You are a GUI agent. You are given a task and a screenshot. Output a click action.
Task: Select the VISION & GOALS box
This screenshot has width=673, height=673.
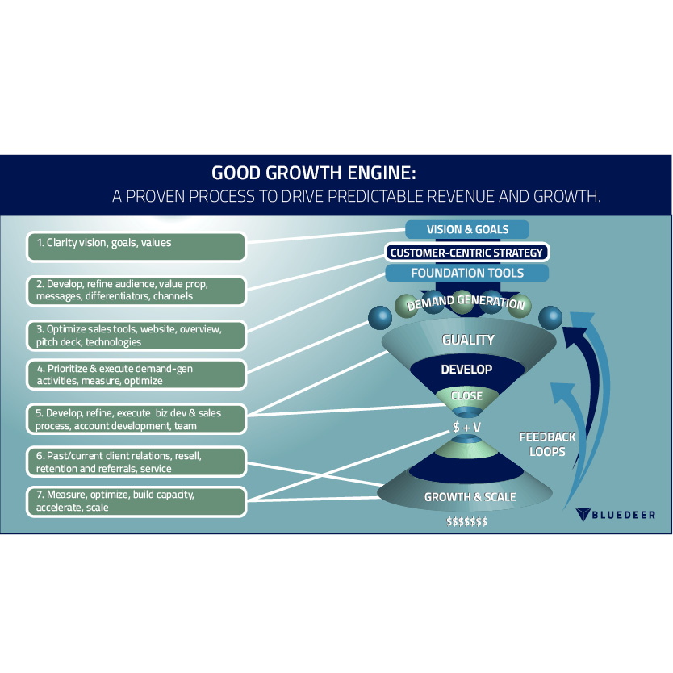[x=467, y=230]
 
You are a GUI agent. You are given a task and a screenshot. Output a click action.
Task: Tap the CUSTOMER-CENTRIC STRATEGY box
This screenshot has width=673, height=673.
[x=466, y=253]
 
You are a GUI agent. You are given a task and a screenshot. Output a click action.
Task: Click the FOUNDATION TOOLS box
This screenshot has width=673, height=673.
[x=467, y=274]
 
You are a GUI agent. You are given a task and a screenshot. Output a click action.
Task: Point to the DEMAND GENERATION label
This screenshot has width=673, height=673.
[x=466, y=303]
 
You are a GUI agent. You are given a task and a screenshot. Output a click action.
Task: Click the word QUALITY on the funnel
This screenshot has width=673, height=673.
[x=468, y=341]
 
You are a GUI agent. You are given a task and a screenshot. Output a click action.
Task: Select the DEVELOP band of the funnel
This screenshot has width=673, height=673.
[x=466, y=370]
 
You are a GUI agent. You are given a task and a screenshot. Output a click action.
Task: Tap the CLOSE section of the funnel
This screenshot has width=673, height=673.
[x=466, y=396]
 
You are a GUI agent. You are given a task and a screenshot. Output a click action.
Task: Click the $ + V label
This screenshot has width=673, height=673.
[x=466, y=424]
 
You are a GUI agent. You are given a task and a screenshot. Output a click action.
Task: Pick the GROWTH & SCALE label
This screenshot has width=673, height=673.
[x=470, y=497]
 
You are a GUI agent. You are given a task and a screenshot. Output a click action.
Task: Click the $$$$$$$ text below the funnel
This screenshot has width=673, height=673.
[x=466, y=522]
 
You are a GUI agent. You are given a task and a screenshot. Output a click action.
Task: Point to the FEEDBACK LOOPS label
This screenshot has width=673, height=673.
[x=546, y=444]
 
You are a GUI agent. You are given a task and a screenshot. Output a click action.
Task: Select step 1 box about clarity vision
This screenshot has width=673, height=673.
[x=136, y=247]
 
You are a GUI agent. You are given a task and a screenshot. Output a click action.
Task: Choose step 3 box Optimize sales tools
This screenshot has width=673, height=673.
[x=136, y=335]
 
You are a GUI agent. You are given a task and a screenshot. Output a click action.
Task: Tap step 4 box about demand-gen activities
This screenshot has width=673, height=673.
[x=136, y=374]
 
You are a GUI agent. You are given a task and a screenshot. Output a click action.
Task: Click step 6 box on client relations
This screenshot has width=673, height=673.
[x=136, y=462]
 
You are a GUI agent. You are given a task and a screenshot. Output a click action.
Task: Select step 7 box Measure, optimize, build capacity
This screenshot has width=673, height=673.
[x=136, y=501]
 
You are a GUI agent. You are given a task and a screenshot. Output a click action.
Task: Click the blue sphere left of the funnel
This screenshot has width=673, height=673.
[x=379, y=317]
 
